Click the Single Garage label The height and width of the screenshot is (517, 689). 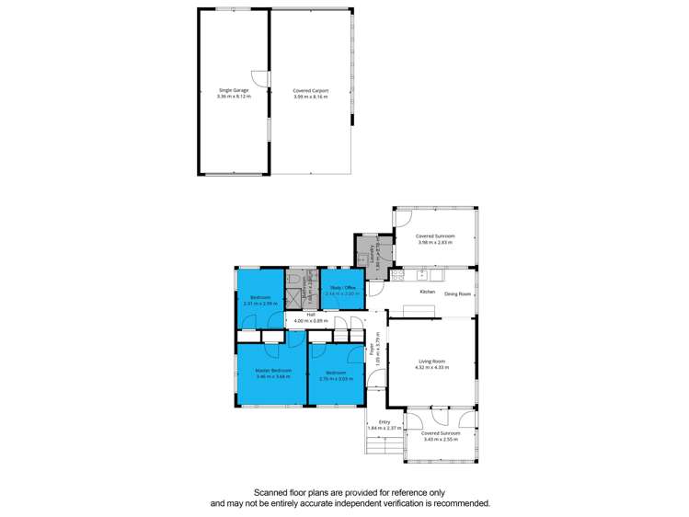point(227,90)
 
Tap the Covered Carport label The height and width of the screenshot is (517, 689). point(311,90)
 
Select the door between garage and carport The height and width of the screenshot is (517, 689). point(263,81)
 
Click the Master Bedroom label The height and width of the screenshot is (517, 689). point(273,370)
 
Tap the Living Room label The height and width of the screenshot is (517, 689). point(431,361)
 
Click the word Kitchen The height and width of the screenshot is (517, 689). point(427,292)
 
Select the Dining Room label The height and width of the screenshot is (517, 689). point(458,294)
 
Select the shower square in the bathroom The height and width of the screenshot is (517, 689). point(296,298)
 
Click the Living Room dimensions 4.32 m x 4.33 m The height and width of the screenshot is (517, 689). point(431,367)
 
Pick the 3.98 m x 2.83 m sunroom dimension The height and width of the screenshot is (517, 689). point(435,243)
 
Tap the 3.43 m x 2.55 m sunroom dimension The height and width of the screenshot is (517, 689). point(439,439)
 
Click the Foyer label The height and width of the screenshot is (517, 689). point(373,349)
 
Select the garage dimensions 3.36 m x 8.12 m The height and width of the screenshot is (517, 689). point(227,97)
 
